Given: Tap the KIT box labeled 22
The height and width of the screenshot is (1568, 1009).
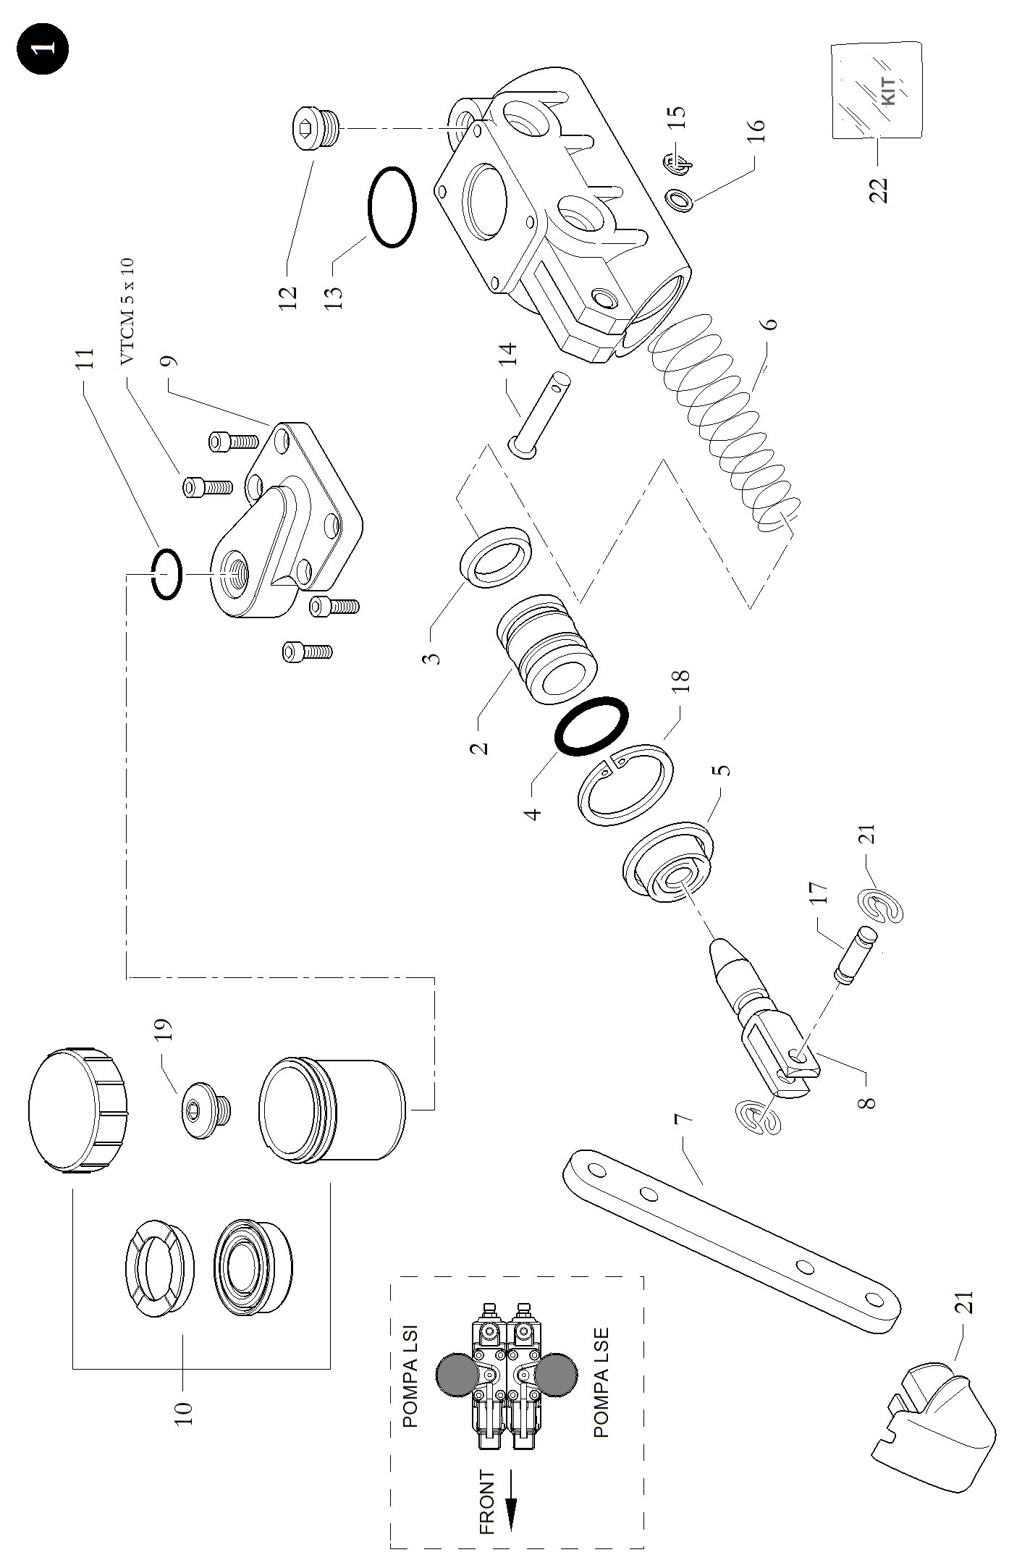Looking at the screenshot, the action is [x=877, y=90].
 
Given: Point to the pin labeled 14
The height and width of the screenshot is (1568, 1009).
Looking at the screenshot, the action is [x=540, y=416].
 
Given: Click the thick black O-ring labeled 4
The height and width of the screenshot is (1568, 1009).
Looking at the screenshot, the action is [x=591, y=727].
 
